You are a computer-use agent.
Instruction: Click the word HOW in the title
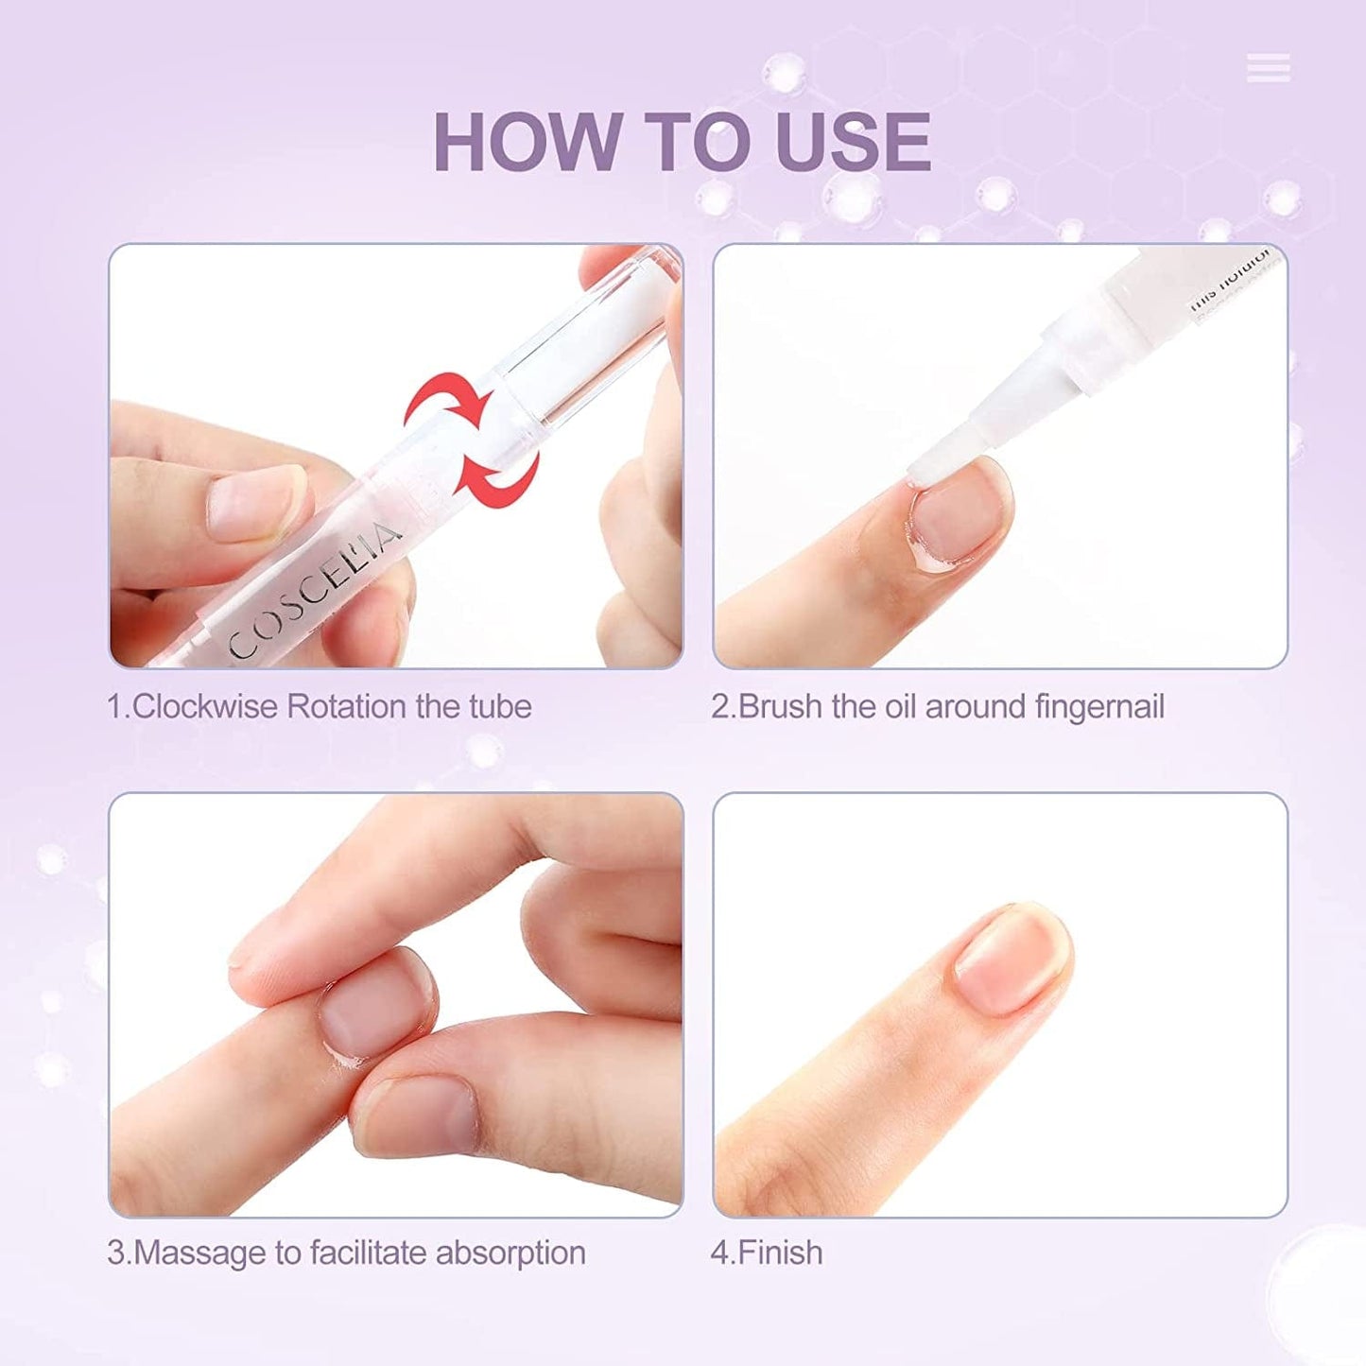point(525,142)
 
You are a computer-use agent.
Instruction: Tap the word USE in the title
point(852,142)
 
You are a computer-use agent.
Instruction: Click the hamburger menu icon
point(1268,68)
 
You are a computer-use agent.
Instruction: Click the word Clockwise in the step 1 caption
point(204,707)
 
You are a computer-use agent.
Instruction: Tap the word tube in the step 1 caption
point(500,707)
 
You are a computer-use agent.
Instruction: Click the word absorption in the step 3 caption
point(510,1254)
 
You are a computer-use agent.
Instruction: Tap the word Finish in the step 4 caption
point(780,1254)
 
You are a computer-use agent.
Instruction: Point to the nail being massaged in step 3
point(373,1007)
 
